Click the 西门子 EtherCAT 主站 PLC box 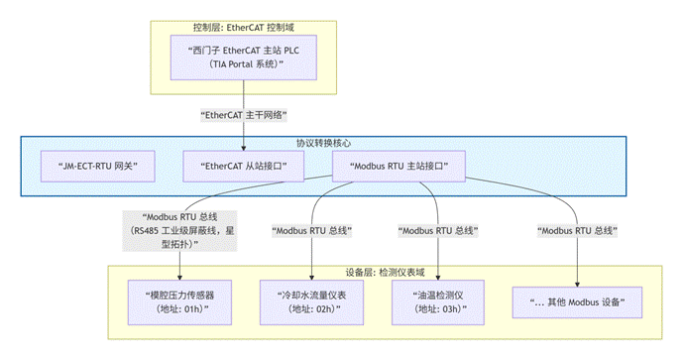click(x=241, y=57)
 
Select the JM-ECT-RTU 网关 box click(x=97, y=166)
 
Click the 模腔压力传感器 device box click(x=179, y=301)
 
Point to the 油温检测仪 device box click(x=436, y=301)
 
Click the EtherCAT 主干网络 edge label click(x=241, y=115)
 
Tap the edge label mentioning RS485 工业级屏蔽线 click(x=179, y=230)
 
